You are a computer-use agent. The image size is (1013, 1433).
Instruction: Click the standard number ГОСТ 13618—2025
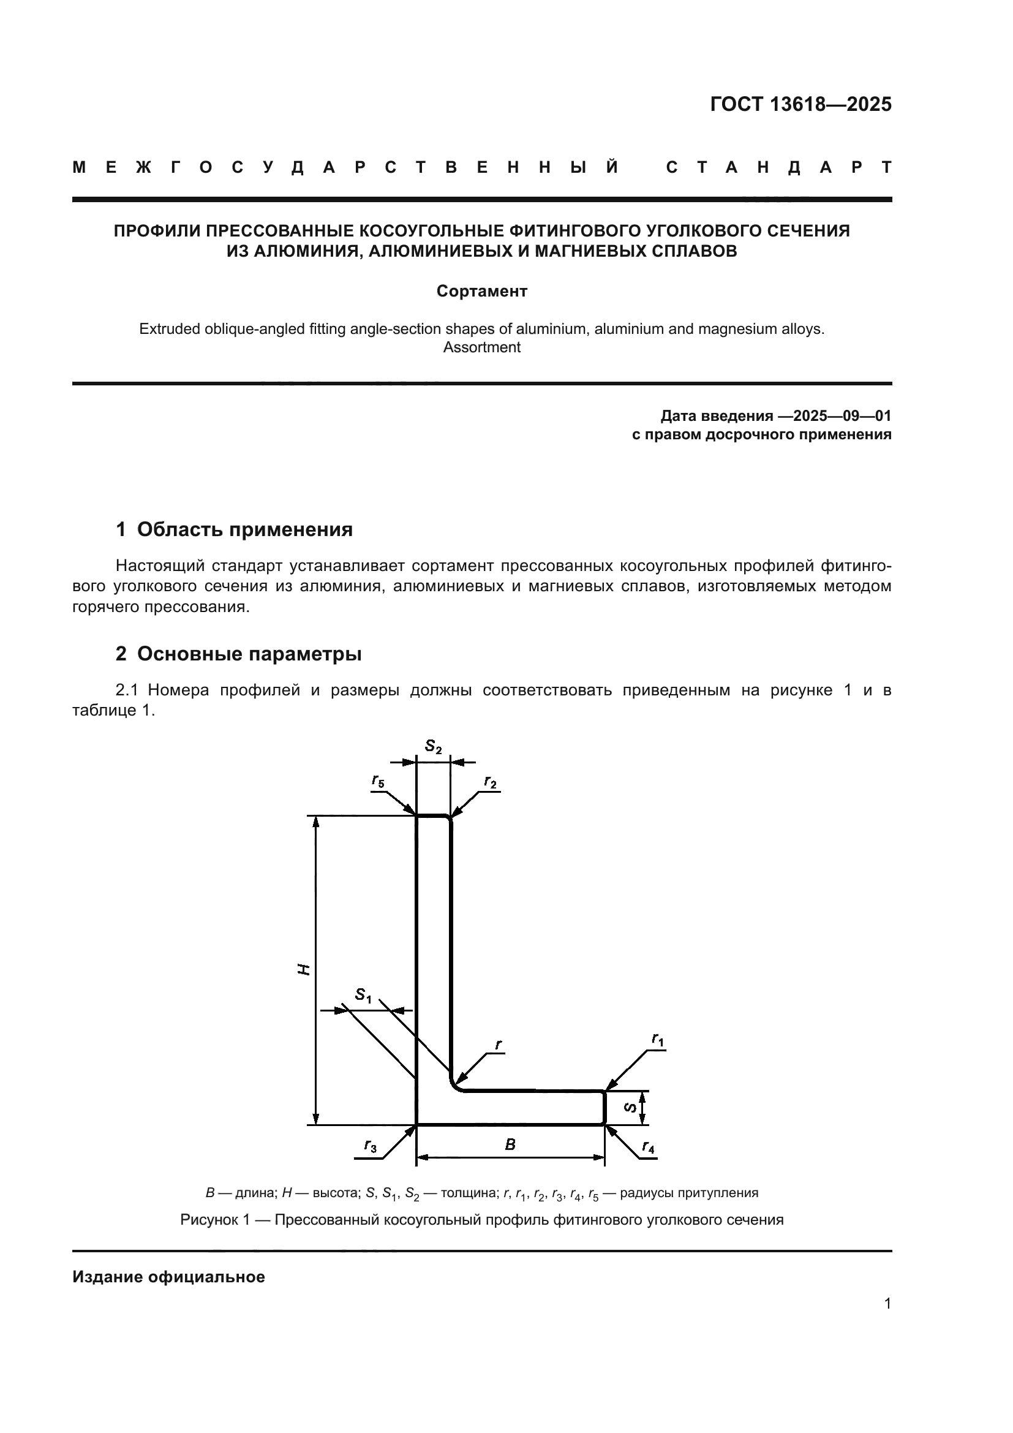click(x=800, y=104)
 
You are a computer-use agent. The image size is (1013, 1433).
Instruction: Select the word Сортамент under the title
click(x=481, y=292)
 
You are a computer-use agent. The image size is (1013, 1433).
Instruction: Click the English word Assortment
click(x=481, y=347)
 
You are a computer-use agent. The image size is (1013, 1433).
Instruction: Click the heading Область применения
click(x=244, y=530)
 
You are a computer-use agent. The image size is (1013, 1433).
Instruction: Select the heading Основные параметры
click(x=249, y=654)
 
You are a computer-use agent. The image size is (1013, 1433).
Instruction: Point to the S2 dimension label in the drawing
click(x=433, y=746)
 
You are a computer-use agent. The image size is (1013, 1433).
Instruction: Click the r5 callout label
click(x=378, y=781)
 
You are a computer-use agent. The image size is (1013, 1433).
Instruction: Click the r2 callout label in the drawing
click(x=491, y=782)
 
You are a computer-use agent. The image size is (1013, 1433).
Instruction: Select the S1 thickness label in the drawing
click(x=363, y=995)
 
